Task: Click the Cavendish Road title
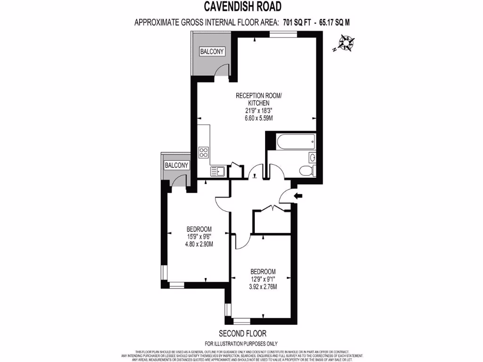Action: point(242,7)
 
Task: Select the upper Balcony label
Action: point(211,51)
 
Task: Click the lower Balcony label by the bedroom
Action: point(176,165)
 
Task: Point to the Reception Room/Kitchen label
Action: point(259,99)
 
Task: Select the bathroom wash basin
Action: point(312,157)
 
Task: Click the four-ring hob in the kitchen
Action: point(204,152)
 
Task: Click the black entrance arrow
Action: point(298,196)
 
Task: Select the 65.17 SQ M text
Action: point(334,22)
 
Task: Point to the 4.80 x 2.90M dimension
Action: point(199,244)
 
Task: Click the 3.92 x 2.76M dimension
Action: point(263,287)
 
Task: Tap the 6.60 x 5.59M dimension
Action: point(259,118)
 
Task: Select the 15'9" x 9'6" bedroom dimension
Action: point(199,237)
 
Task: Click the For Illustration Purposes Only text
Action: point(241,344)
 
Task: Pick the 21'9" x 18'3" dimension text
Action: point(259,111)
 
